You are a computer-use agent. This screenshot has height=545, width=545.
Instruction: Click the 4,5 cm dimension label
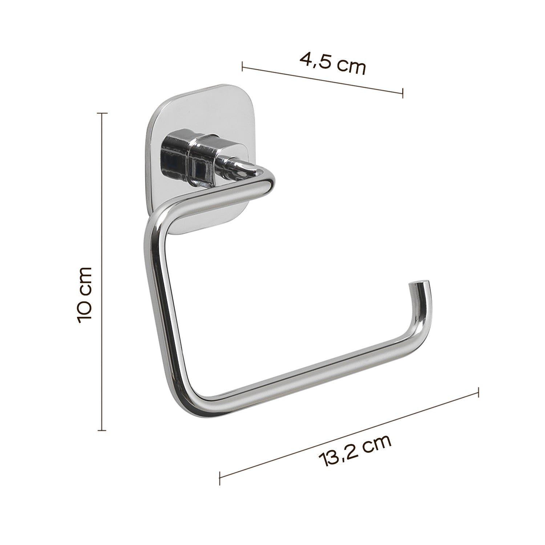pos(332,64)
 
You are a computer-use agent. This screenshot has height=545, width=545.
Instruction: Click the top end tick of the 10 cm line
pos(102,114)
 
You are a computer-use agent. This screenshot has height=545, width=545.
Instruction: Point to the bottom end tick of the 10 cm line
pos(102,431)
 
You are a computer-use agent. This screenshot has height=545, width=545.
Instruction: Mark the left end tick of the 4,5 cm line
pos(242,66)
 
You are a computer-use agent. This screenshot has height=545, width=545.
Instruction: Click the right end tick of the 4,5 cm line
pos(403,93)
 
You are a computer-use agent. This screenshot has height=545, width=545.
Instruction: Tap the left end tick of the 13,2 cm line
pos(219,476)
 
